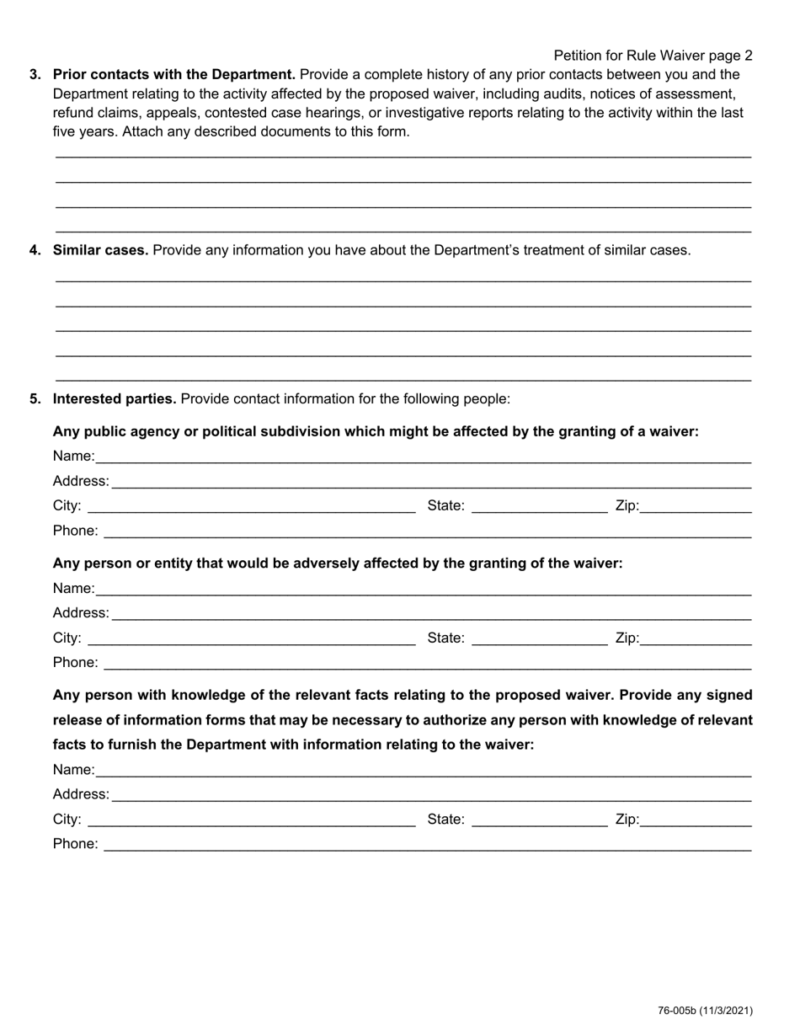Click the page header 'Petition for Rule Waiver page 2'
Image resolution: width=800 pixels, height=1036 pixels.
click(653, 56)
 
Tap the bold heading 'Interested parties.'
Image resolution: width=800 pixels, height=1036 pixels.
click(115, 398)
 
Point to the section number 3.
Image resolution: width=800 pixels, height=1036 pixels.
click(35, 74)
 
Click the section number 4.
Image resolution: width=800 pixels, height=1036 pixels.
click(35, 250)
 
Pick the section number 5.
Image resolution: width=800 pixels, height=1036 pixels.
click(35, 398)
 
